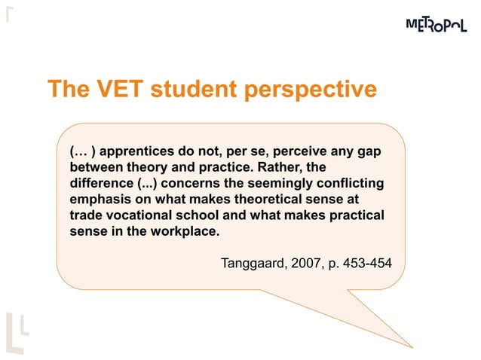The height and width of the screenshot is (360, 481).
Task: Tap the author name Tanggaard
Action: (x=253, y=263)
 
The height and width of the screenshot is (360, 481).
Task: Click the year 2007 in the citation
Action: (x=308, y=263)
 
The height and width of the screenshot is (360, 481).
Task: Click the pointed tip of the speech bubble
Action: (x=412, y=346)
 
